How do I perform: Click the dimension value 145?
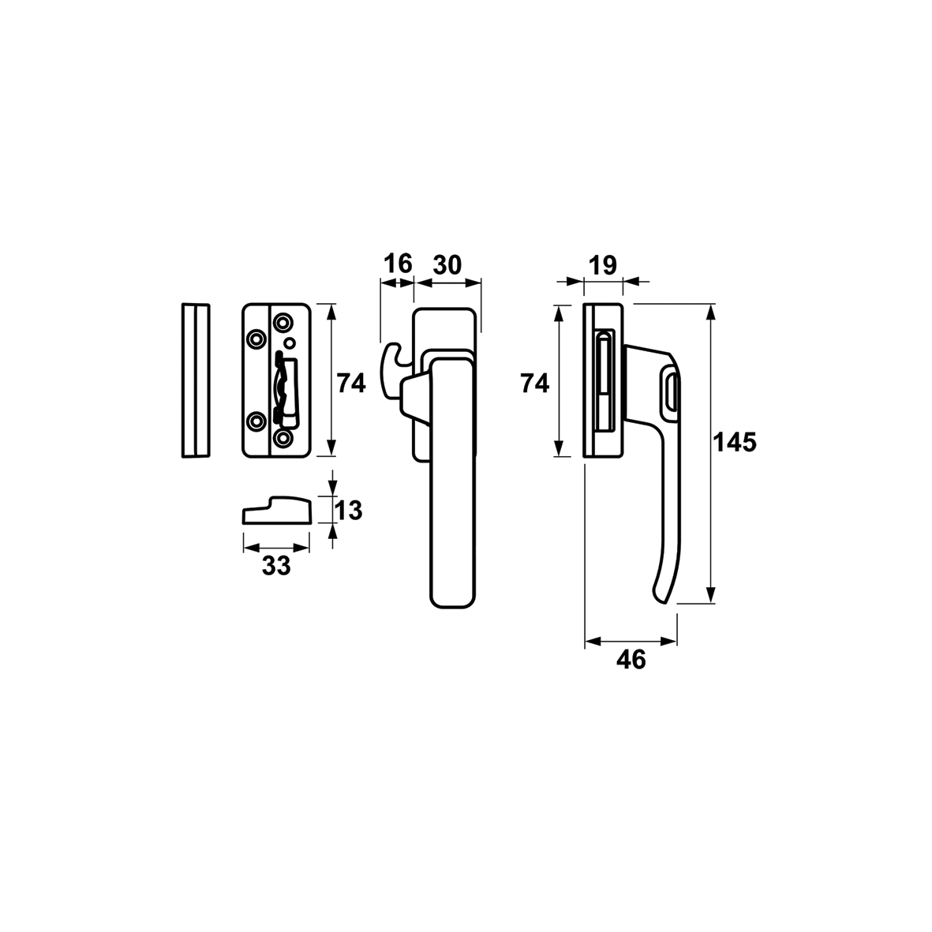tap(735, 443)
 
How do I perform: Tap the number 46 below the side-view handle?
tap(631, 660)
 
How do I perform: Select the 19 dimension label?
tap(603, 265)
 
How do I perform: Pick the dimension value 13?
tap(348, 511)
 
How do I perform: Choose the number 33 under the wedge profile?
tap(276, 565)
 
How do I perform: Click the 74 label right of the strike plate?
tap(351, 384)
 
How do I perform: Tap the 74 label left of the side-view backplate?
tap(534, 384)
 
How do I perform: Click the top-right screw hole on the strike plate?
tap(283, 323)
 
